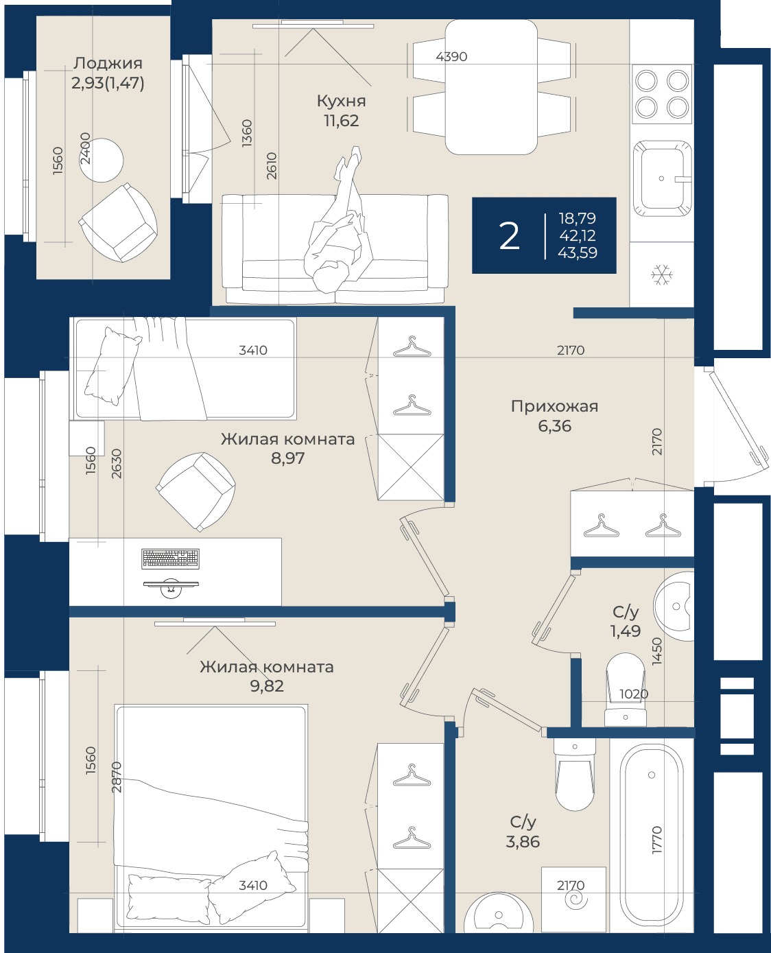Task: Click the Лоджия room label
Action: (x=108, y=63)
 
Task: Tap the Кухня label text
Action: (x=341, y=101)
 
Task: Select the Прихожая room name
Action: (x=554, y=406)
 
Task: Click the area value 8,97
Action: (x=287, y=458)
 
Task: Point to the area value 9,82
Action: (x=267, y=686)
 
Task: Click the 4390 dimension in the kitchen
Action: (x=451, y=56)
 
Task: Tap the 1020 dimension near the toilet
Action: (x=634, y=694)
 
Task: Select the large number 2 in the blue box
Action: (x=510, y=236)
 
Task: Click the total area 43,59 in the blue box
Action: (x=578, y=252)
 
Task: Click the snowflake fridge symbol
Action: (x=661, y=274)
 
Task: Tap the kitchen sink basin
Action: (x=662, y=178)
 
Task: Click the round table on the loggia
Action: (x=101, y=160)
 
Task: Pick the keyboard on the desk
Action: (x=170, y=558)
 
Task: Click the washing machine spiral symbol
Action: (x=576, y=899)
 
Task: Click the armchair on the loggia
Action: (x=118, y=222)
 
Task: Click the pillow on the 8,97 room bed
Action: (x=112, y=366)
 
